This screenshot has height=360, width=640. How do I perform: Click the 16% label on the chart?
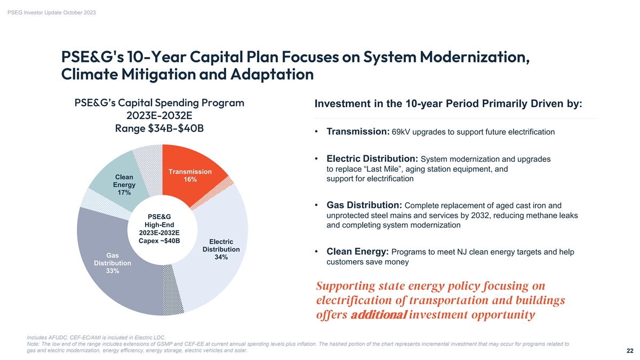[190, 180]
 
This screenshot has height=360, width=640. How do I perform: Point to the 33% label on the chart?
[113, 271]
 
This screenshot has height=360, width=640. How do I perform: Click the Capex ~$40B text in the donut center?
[159, 241]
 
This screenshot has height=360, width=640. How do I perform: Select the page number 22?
[630, 351]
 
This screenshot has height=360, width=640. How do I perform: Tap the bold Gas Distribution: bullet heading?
[364, 206]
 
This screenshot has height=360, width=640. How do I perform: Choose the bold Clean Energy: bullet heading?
[357, 252]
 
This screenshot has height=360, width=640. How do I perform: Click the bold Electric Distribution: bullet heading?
[372, 159]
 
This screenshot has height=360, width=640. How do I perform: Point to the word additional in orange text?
[379, 315]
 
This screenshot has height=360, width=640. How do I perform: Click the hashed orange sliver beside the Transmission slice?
[225, 190]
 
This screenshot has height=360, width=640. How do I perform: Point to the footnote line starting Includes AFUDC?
[96, 337]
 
